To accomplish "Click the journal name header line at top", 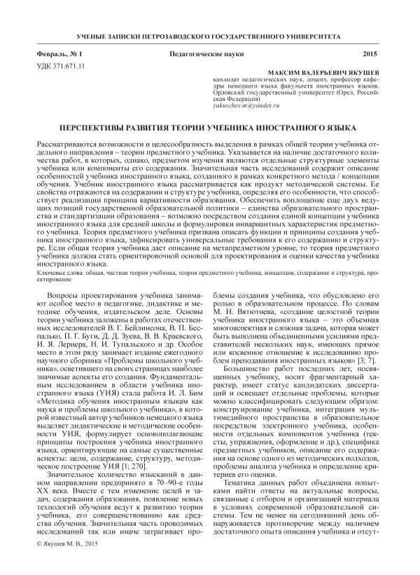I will click(210, 34).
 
